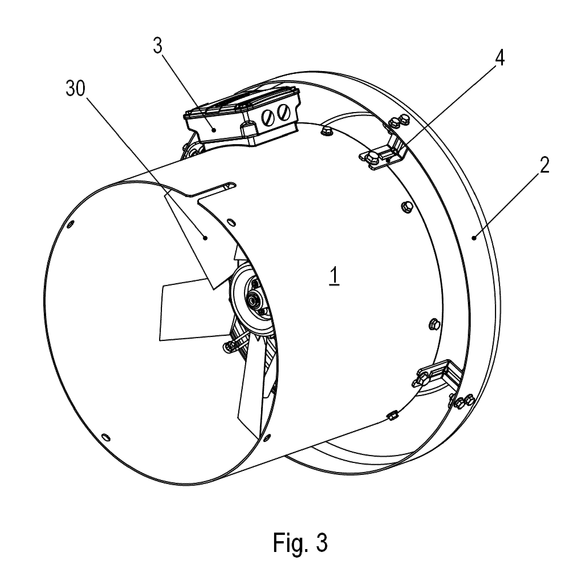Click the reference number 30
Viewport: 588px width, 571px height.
(76, 89)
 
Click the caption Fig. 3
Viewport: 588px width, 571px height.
(300, 543)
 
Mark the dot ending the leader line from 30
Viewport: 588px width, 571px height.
(205, 238)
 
